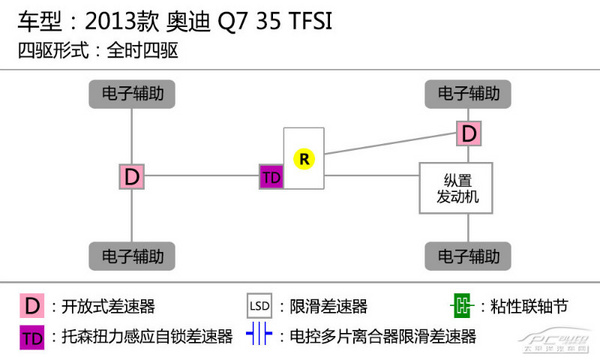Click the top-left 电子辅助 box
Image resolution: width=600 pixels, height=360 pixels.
coord(133,94)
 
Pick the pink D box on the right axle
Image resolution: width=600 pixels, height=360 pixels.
coord(468,133)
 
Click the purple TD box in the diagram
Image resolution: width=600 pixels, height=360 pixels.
coord(271,177)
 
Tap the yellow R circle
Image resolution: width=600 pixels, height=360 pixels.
coord(301,158)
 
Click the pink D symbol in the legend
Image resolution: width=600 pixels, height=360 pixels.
coord(33,305)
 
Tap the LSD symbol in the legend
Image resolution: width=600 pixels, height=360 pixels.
coord(260,305)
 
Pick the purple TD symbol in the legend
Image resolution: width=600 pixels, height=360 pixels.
coord(33,336)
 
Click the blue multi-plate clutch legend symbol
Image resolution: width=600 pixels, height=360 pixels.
coord(260,336)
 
